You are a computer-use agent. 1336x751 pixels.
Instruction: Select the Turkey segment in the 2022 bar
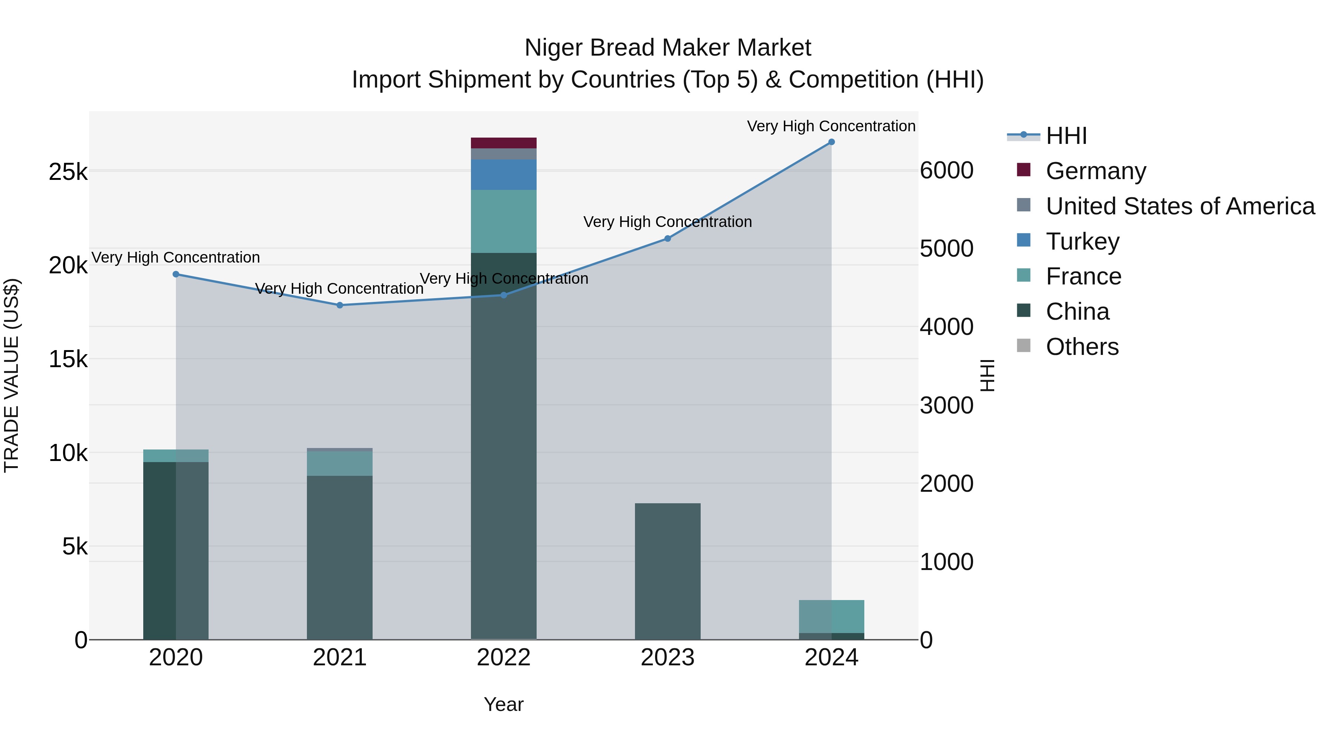pyautogui.click(x=503, y=174)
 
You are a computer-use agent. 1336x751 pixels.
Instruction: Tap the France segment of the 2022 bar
pyautogui.click(x=503, y=221)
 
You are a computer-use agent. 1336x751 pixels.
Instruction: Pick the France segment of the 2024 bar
pyautogui.click(x=831, y=616)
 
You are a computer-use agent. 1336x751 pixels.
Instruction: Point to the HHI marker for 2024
pyautogui.click(x=831, y=142)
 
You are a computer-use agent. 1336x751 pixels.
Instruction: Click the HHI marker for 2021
pyautogui.click(x=340, y=305)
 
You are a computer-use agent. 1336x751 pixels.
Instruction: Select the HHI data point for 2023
pyautogui.click(x=668, y=238)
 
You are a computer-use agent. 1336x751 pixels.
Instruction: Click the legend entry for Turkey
pyautogui.click(x=1083, y=241)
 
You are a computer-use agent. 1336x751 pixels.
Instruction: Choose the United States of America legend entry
pyautogui.click(x=1180, y=206)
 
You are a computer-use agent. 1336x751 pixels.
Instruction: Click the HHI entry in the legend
pyautogui.click(x=1066, y=136)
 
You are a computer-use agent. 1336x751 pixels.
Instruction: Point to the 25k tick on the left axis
pyautogui.click(x=68, y=172)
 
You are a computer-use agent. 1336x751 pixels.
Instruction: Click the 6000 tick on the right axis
pyautogui.click(x=946, y=171)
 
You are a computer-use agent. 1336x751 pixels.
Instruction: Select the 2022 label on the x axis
pyautogui.click(x=503, y=658)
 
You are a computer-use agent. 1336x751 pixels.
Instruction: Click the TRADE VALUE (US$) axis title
pyautogui.click(x=12, y=375)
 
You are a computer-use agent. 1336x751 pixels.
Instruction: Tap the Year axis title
pyautogui.click(x=503, y=704)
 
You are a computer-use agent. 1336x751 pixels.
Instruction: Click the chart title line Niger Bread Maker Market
pyautogui.click(x=668, y=48)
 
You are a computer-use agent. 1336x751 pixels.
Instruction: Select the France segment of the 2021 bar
pyautogui.click(x=340, y=463)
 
